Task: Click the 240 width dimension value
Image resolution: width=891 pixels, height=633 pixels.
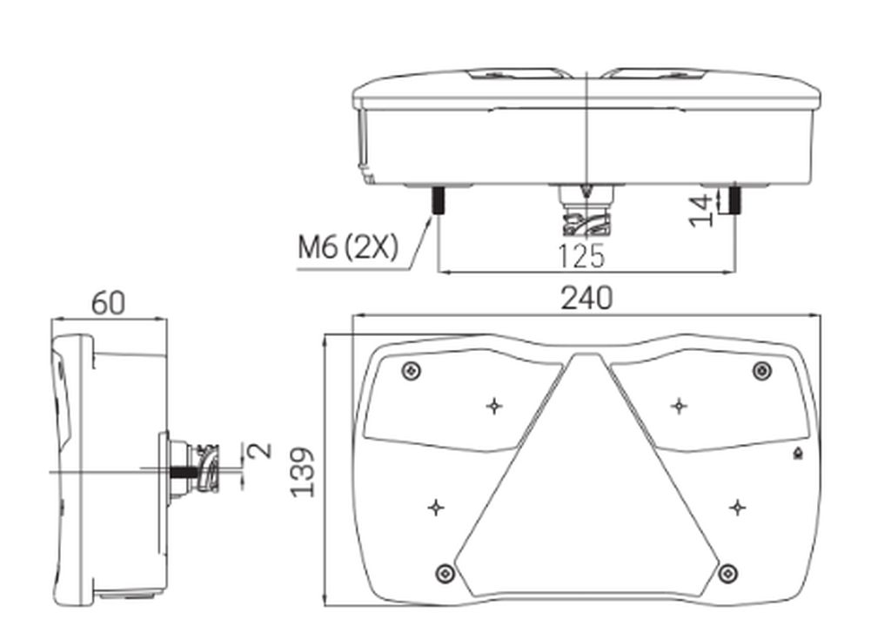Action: [587, 298]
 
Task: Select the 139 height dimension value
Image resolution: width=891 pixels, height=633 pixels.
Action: [303, 473]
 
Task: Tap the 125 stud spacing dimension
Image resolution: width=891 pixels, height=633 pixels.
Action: [581, 256]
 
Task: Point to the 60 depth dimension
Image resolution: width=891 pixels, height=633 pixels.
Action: [108, 303]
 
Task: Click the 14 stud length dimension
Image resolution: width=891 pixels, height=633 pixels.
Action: [701, 211]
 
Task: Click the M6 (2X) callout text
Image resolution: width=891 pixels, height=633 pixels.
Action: [348, 247]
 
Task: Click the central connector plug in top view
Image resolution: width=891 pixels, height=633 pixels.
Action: [586, 210]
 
